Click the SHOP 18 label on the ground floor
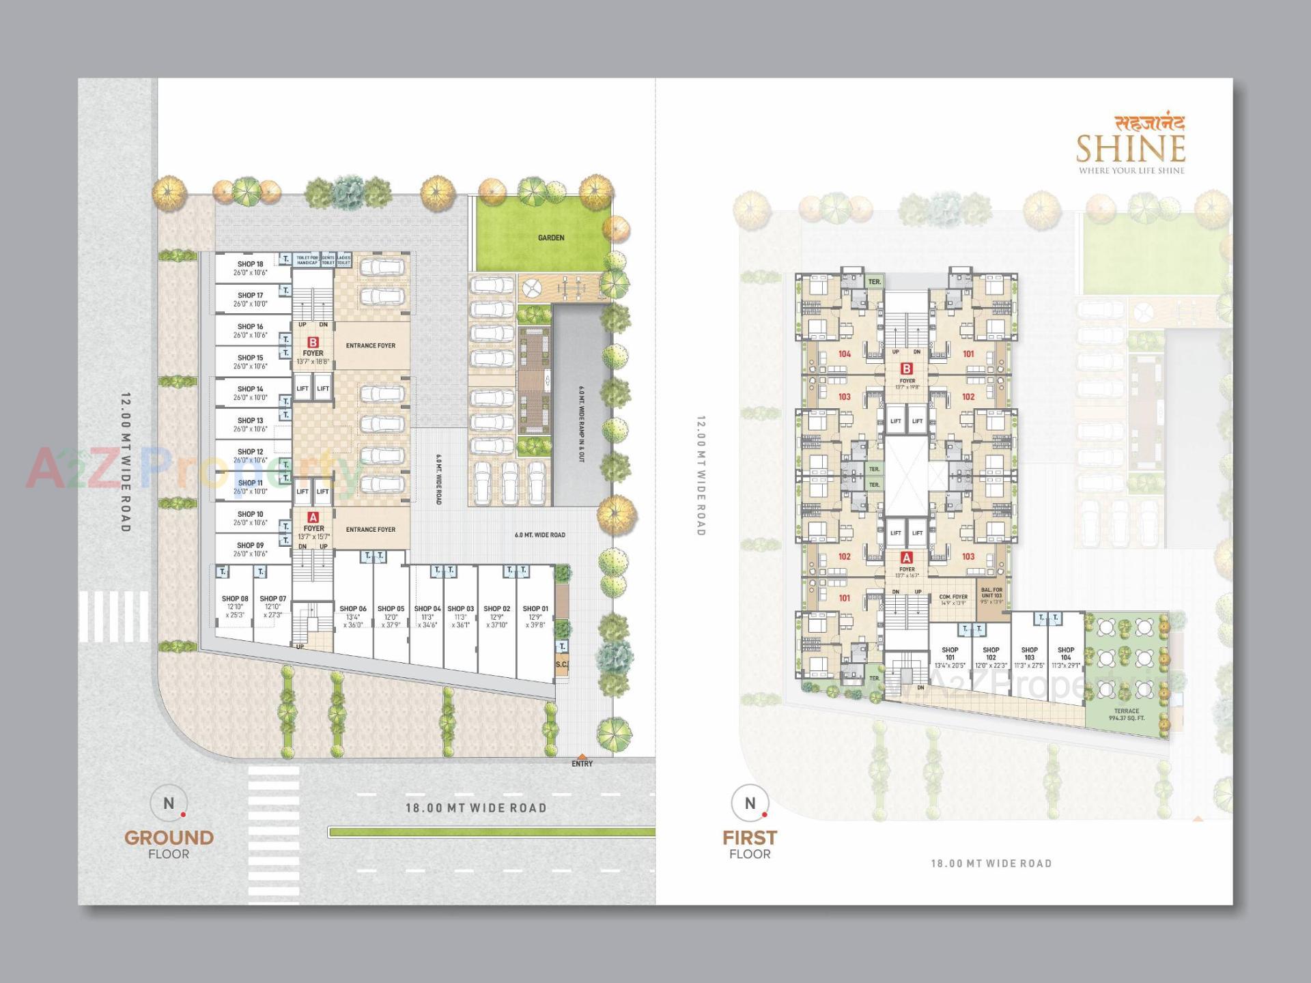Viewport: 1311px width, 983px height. point(251,264)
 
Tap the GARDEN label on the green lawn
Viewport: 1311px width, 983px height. point(551,238)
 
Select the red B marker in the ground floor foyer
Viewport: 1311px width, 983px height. point(313,342)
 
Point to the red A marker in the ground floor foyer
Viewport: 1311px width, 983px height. point(313,517)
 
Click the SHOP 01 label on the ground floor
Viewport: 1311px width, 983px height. point(535,609)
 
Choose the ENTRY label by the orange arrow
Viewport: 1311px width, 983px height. point(582,764)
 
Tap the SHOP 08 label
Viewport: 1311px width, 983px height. point(235,599)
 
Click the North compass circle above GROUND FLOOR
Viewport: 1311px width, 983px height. point(169,803)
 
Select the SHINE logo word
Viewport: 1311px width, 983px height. point(1131,149)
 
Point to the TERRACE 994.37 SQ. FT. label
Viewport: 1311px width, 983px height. point(1126,714)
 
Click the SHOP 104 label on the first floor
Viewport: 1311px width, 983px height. point(1066,650)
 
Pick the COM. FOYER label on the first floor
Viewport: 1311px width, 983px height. point(953,597)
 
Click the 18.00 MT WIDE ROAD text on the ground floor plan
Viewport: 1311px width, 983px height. point(476,808)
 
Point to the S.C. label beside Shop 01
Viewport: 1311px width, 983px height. point(561,664)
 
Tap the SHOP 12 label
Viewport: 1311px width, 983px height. point(251,452)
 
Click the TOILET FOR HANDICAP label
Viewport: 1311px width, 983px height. point(307,260)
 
